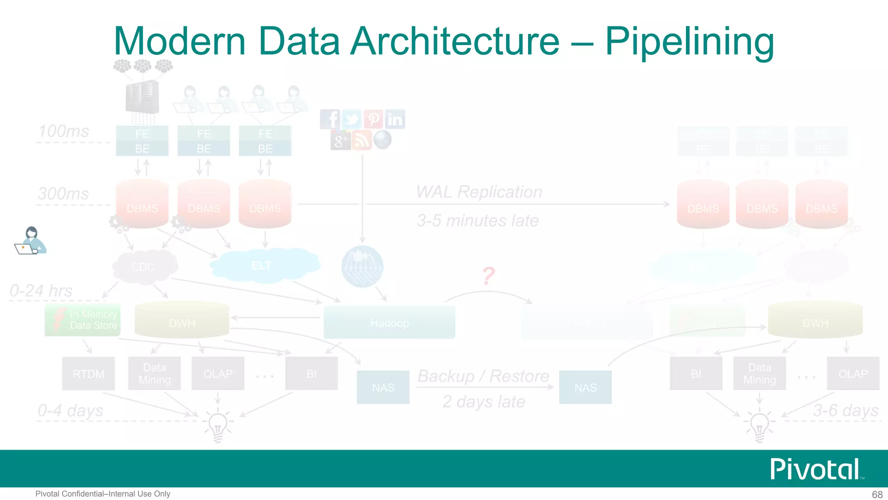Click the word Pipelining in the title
point(689,41)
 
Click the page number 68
point(877,494)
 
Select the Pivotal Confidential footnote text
point(103,494)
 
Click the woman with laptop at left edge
point(30,240)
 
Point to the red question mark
point(489,276)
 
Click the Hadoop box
point(389,323)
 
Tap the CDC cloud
point(144,266)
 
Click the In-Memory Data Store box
point(82,320)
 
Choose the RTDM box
point(88,374)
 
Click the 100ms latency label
point(64,131)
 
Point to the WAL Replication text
point(479,192)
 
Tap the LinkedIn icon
point(395,119)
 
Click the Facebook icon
point(330,119)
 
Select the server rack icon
point(142,97)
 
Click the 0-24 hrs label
point(41,291)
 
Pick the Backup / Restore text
point(483,376)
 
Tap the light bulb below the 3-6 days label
point(759,426)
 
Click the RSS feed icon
point(362,140)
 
